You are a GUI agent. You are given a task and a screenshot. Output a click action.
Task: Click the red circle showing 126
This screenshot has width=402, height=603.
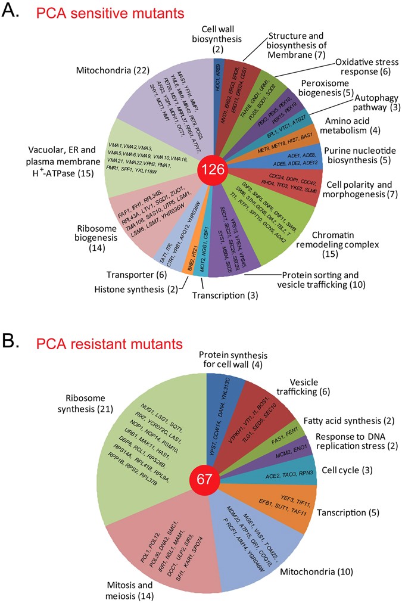click(x=213, y=169)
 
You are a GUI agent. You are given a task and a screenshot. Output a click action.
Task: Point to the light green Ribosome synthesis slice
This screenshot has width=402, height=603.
click(x=161, y=429)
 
